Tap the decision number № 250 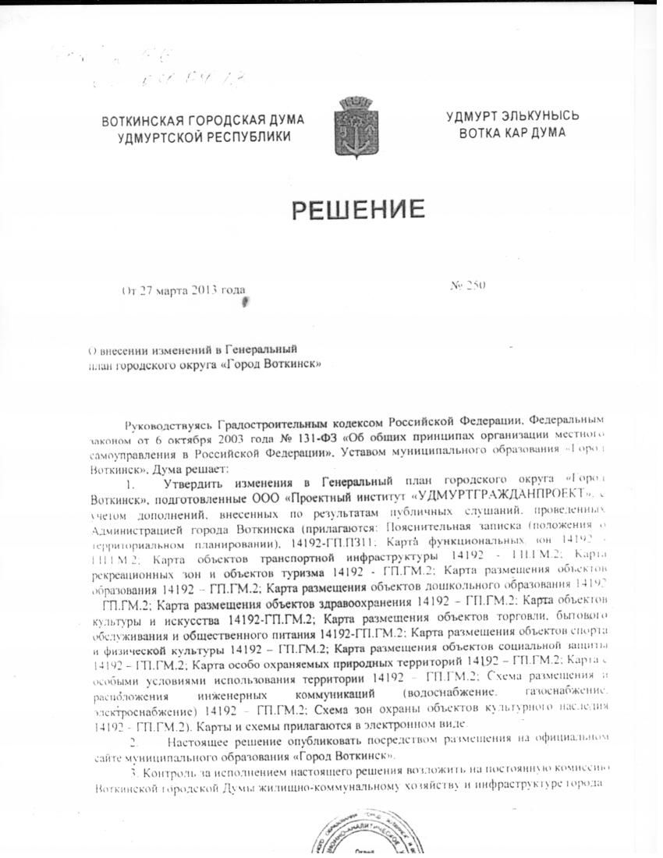coord(468,285)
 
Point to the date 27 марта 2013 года coord(192,291)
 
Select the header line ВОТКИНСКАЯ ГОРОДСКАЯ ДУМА coord(203,121)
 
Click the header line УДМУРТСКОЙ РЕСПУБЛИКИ coord(203,137)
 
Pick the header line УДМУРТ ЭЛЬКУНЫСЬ coord(512,116)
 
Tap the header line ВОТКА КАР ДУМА coord(512,133)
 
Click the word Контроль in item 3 coord(168,771)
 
